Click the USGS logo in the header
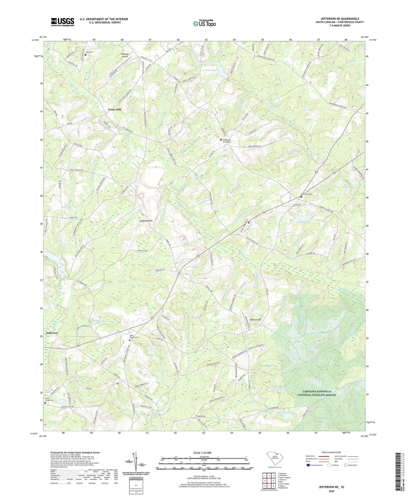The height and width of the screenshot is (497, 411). click(63, 22)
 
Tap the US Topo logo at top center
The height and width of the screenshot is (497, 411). click(204, 23)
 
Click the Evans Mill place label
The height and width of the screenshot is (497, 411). click(114, 109)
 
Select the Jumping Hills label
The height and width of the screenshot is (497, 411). click(146, 221)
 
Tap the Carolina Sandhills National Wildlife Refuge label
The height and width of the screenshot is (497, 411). click(317, 393)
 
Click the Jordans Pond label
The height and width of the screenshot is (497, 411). click(209, 70)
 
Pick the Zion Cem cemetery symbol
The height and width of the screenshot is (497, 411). click(85, 55)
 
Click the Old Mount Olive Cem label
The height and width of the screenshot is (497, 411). click(228, 141)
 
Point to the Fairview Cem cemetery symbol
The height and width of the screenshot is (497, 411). click(301, 196)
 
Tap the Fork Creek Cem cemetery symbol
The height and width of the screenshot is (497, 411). click(45, 403)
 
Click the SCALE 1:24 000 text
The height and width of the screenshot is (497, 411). click(202, 453)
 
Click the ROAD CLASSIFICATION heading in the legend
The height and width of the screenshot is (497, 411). click(331, 452)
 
